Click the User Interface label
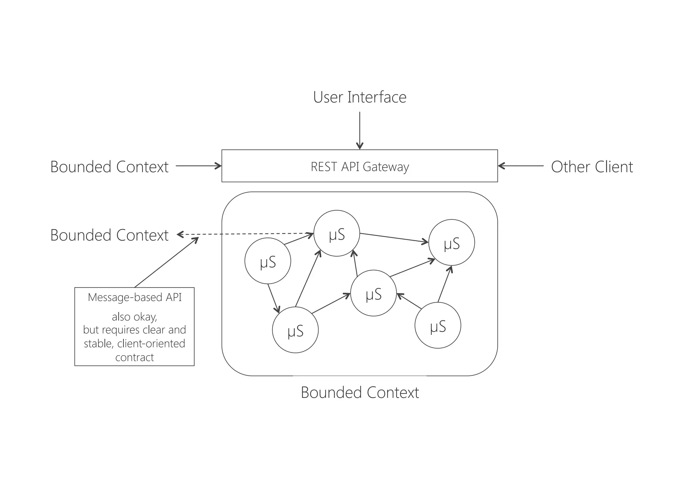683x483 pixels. [x=360, y=97]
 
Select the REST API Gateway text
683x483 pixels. [x=360, y=167]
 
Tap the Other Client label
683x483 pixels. [x=592, y=167]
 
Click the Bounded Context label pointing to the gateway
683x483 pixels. [x=109, y=167]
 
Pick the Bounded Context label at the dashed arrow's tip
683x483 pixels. [x=109, y=235]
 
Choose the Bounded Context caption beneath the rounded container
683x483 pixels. [x=360, y=393]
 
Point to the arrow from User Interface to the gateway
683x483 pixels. [x=360, y=130]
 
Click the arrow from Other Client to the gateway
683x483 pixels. [x=520, y=166]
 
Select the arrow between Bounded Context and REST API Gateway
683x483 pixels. [x=199, y=166]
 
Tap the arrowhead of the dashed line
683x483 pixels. [x=180, y=235]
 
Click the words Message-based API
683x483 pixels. [x=135, y=297]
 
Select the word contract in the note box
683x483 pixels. [x=135, y=357]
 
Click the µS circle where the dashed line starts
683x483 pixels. [x=336, y=233]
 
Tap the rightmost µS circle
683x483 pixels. [x=451, y=243]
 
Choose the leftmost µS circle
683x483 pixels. [x=267, y=261]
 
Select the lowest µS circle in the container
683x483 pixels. [x=295, y=330]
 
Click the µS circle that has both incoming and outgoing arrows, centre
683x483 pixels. [x=373, y=293]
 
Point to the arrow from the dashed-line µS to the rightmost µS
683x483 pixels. [x=394, y=238]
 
